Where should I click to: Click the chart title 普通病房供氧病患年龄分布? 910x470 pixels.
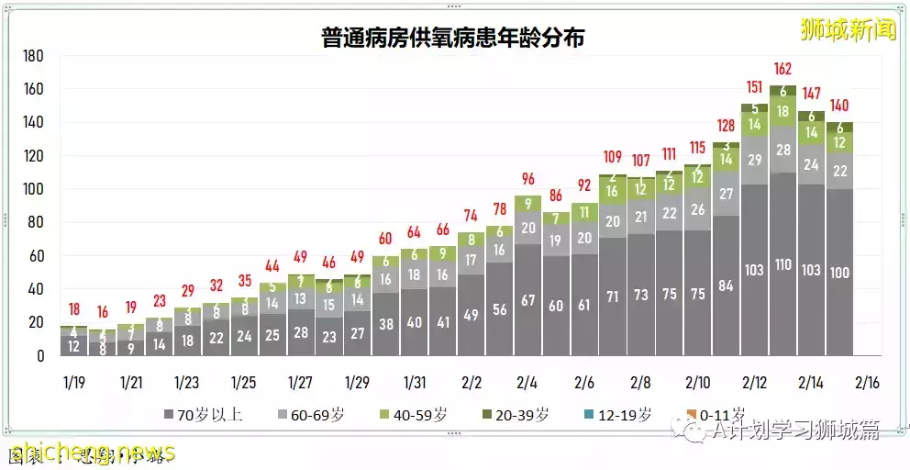coord(453,38)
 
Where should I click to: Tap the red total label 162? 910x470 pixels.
coord(782,69)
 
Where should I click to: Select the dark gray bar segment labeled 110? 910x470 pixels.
coord(782,264)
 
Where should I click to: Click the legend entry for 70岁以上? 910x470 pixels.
coord(204,415)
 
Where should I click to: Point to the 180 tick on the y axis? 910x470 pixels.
coord(33,56)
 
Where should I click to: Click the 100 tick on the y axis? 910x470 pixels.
coord(33,189)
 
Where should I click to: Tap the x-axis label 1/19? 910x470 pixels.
coord(73,381)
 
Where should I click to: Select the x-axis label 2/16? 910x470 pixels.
coord(867,381)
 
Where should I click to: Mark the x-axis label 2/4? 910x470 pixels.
coord(527,381)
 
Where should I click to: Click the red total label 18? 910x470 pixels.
coord(73,309)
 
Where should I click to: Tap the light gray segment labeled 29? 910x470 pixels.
coord(754,160)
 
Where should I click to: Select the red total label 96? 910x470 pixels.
coord(527,178)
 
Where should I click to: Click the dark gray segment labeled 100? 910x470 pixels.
coord(839,273)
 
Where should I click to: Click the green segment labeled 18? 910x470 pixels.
coord(782,111)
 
